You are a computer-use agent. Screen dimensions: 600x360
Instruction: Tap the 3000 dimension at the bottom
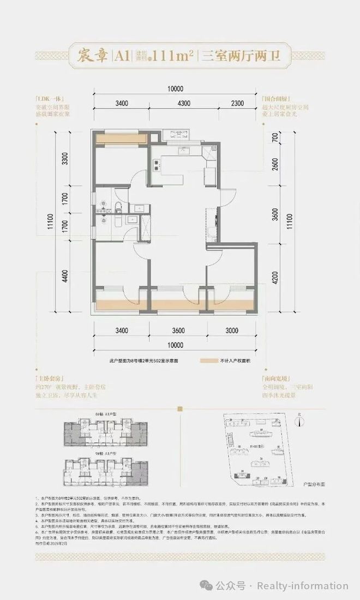click(232, 330)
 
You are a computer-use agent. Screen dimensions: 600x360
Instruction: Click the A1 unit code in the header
click(120, 55)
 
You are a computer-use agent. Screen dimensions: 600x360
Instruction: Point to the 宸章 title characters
click(89, 55)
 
